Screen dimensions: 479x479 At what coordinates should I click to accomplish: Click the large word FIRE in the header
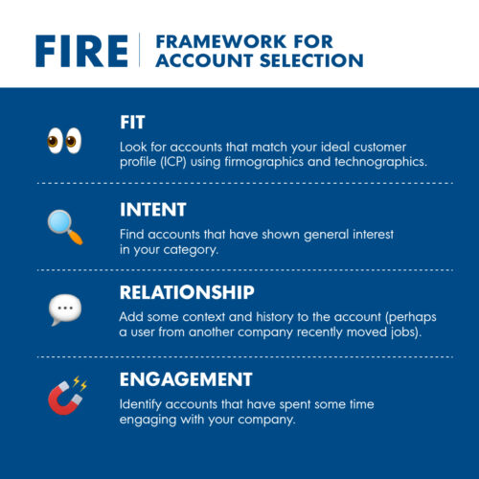80,50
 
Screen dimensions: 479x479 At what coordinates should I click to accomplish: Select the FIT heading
133,124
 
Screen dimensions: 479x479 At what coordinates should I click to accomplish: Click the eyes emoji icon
64,140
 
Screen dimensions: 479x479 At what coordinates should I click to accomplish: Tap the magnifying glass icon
64,225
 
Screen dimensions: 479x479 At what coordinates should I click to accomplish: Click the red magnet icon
64,395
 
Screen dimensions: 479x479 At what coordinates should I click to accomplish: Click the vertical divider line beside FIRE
140,50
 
